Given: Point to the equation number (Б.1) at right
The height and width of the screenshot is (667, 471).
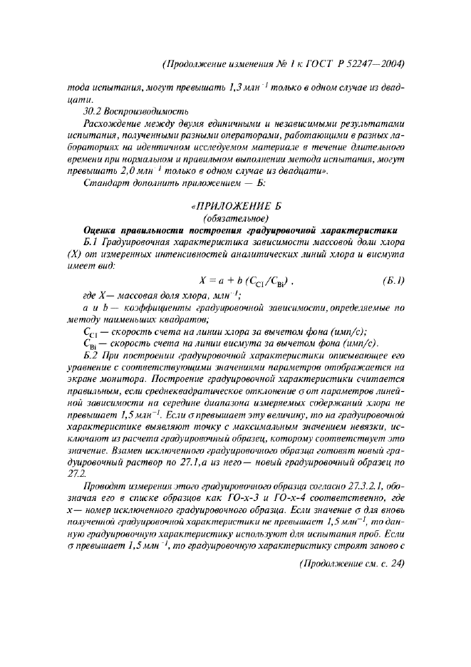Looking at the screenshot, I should click(x=390, y=279).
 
